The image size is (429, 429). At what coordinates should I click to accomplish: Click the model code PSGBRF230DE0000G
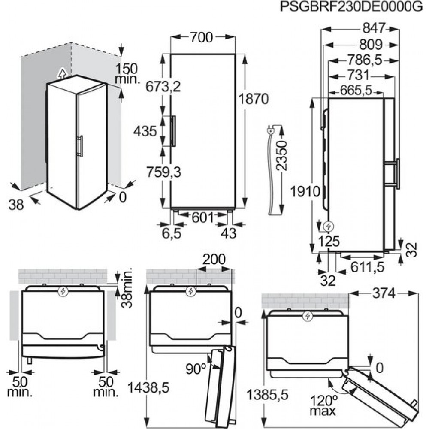click(x=352, y=6)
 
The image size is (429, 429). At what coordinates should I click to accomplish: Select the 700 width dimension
click(x=201, y=37)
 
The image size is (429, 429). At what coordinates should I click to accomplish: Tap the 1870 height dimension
click(x=254, y=99)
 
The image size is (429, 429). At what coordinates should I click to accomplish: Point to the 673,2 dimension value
click(x=163, y=87)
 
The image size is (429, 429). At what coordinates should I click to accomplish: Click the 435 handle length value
click(x=145, y=131)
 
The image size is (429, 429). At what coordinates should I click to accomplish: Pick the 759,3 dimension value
click(x=163, y=172)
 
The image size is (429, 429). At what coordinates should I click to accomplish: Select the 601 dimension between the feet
click(x=202, y=218)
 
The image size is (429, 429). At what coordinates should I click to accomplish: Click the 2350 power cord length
click(x=282, y=156)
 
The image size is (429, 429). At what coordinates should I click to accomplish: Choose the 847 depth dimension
click(x=374, y=28)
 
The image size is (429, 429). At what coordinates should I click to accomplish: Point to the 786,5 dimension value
click(x=364, y=60)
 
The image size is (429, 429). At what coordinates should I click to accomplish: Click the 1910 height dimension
click(x=305, y=191)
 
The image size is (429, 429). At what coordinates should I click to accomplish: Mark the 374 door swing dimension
click(x=384, y=294)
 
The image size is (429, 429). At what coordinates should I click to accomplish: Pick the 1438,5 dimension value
click(x=149, y=388)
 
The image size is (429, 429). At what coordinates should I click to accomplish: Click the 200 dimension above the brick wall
click(x=214, y=259)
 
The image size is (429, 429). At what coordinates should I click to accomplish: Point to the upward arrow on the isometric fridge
click(x=62, y=73)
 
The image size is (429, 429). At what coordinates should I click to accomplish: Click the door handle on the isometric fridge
click(x=80, y=146)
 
